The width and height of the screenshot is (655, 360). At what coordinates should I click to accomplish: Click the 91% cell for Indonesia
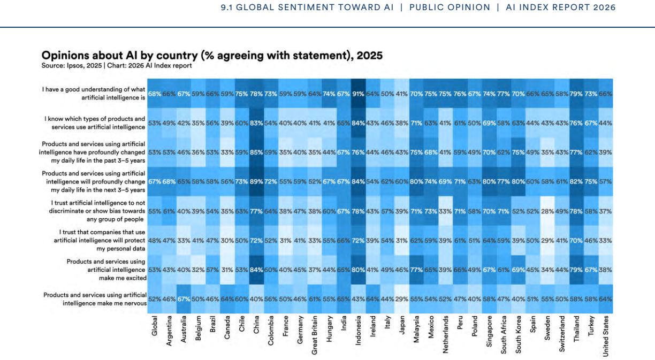click(x=358, y=94)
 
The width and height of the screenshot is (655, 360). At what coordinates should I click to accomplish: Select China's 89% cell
click(x=256, y=181)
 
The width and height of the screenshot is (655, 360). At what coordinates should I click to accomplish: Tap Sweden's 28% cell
click(x=547, y=211)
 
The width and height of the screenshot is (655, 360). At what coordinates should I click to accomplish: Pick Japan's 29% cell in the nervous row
click(x=402, y=299)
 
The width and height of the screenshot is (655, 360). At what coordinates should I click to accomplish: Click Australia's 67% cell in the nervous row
click(x=184, y=299)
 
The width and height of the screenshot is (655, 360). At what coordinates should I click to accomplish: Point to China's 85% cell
click(x=256, y=152)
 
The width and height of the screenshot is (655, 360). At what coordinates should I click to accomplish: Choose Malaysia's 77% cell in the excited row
click(x=416, y=270)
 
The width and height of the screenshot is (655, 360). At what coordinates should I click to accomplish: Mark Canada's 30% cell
click(x=227, y=241)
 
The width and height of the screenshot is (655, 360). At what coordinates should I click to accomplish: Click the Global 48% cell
click(x=155, y=241)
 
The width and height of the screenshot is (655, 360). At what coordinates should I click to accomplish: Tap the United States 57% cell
click(x=606, y=181)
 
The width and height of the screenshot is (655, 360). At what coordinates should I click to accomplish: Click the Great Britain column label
click(x=314, y=335)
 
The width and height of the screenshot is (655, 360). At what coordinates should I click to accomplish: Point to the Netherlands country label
click(x=445, y=334)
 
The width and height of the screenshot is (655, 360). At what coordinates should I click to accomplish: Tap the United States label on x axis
click(x=606, y=336)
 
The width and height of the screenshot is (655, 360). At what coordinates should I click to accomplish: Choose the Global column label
click(x=155, y=326)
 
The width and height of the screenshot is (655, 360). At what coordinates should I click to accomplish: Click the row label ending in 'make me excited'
click(x=106, y=270)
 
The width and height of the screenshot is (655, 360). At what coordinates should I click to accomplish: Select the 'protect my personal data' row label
click(x=100, y=241)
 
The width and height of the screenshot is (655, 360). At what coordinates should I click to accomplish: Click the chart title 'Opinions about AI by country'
click(x=212, y=55)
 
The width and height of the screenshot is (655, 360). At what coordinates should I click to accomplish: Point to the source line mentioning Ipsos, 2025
click(x=117, y=65)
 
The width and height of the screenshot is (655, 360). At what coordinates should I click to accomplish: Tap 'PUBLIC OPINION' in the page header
click(x=450, y=7)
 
